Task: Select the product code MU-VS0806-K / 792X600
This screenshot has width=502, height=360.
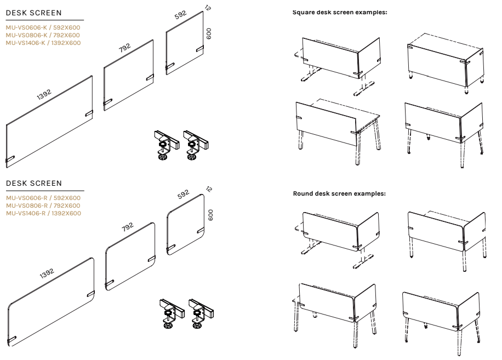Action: (x=43, y=35)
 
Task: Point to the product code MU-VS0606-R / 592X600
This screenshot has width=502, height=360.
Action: (x=43, y=198)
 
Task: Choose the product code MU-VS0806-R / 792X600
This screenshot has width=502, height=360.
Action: (x=43, y=205)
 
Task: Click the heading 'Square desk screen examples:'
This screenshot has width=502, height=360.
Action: (x=340, y=12)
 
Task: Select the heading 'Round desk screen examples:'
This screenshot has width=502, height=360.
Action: (x=340, y=193)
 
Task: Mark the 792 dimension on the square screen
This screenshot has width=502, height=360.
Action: (x=125, y=49)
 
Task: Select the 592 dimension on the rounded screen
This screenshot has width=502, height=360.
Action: (x=183, y=193)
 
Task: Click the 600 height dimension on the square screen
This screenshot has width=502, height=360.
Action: (x=209, y=33)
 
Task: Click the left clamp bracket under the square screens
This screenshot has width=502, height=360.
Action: (x=165, y=144)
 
